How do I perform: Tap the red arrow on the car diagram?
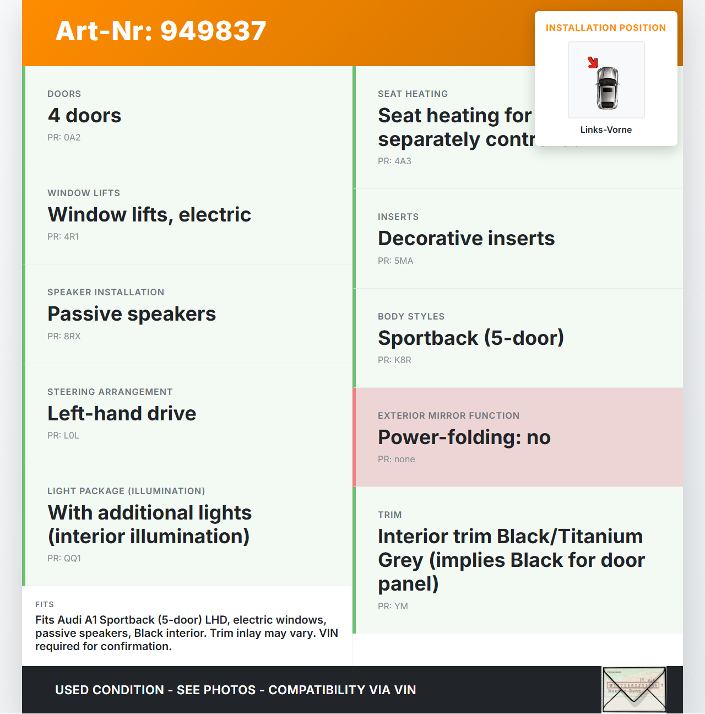(x=593, y=62)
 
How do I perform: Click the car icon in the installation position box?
(x=608, y=88)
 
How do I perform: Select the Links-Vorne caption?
(x=606, y=130)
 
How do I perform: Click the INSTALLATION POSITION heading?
(x=605, y=28)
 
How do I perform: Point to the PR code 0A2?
(x=72, y=138)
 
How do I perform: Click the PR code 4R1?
(x=71, y=237)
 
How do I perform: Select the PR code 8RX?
(x=72, y=337)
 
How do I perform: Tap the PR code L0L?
(x=71, y=436)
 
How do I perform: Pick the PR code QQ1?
(x=72, y=559)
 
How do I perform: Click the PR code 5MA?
(x=403, y=261)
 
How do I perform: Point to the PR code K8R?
(x=403, y=360)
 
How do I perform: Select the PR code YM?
(x=400, y=607)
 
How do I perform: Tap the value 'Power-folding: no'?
(x=464, y=437)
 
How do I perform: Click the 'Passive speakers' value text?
(x=132, y=314)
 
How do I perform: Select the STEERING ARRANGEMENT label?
(x=110, y=392)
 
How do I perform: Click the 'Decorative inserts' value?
(x=466, y=239)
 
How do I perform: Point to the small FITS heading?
(x=45, y=604)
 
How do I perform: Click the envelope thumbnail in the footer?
(x=634, y=690)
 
